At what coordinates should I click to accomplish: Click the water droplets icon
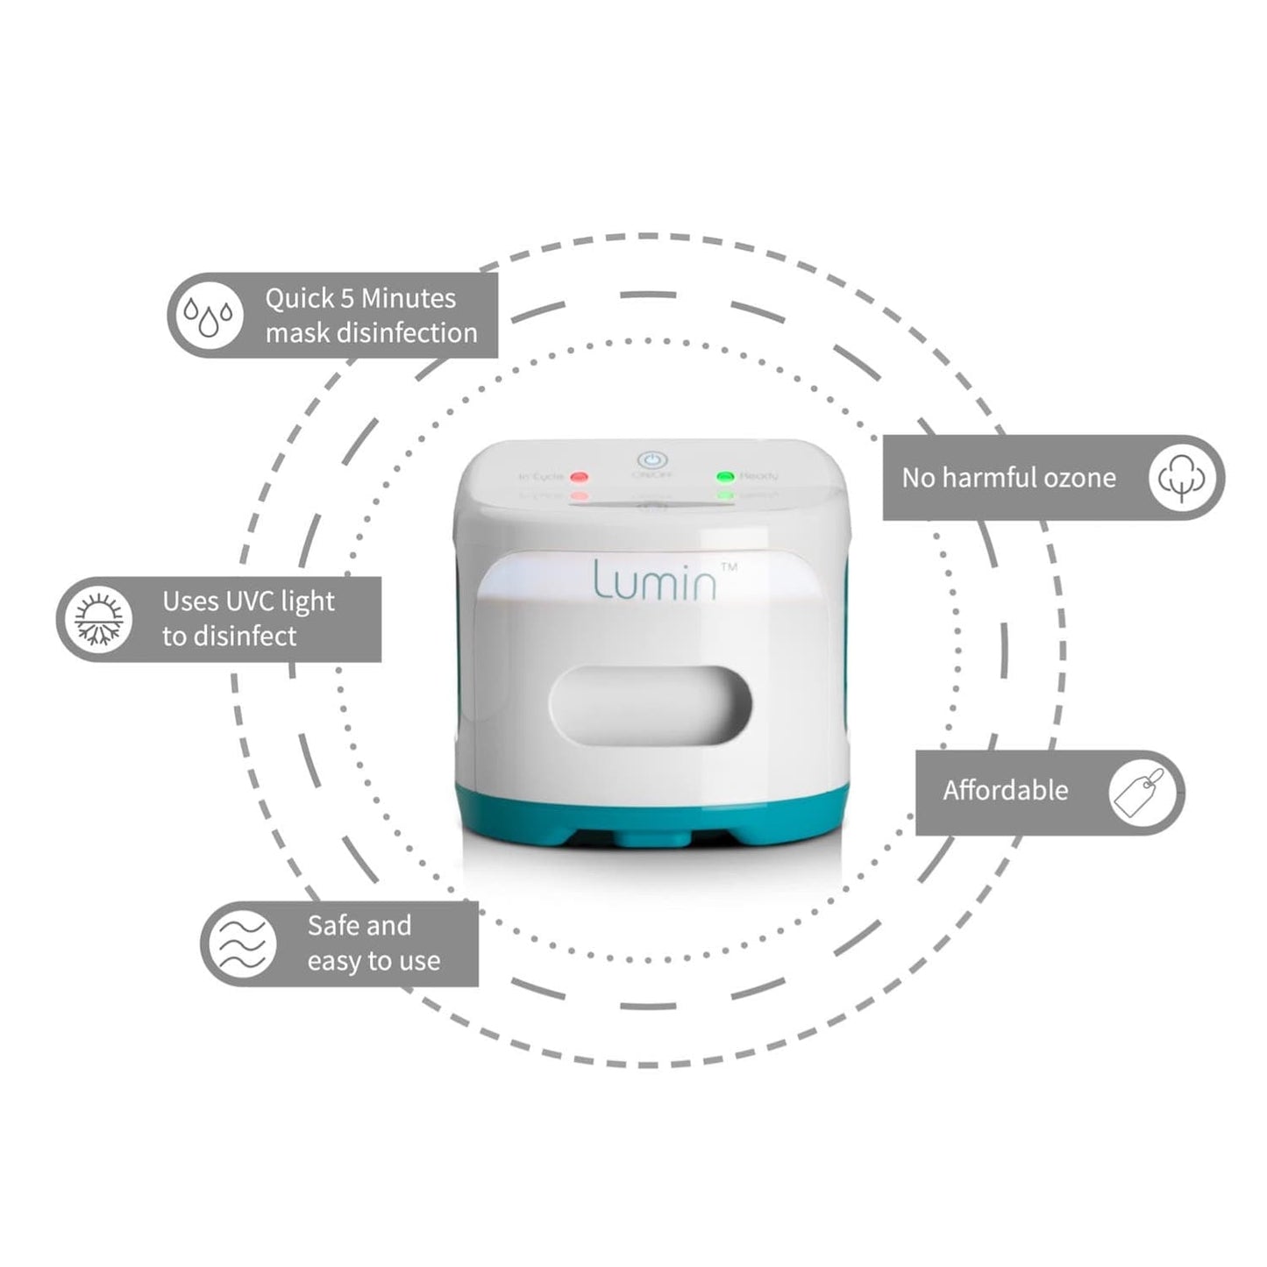click(209, 316)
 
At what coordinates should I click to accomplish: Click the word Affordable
click(1006, 791)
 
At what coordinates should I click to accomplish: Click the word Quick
click(299, 299)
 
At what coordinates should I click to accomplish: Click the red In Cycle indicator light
click(579, 478)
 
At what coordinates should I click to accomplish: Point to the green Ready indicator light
click(725, 477)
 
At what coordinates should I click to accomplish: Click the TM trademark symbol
click(728, 567)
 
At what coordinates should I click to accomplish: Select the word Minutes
click(409, 299)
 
